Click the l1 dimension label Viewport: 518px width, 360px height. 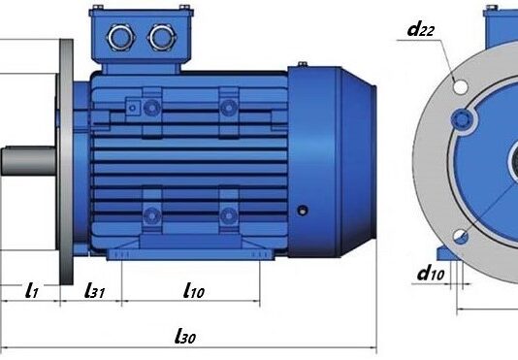32,290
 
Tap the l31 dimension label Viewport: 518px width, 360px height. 95,290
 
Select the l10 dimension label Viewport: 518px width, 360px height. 194,290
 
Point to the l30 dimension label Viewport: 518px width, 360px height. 185,336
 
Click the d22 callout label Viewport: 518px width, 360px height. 421,29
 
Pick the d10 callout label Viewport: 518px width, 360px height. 431,274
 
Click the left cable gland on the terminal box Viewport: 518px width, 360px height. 121,37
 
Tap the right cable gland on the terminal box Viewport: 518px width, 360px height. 162,37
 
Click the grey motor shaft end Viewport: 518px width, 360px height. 28,161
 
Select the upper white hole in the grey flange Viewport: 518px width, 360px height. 460,86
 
